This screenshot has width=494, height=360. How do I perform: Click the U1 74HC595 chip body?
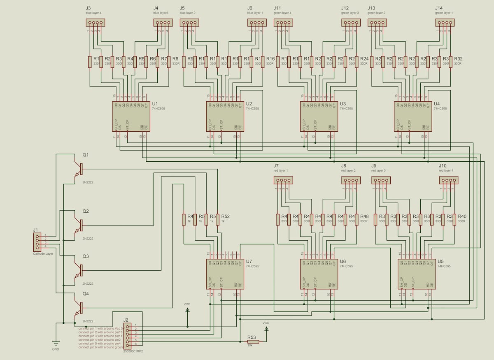131,116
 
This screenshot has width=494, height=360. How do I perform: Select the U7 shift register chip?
225,274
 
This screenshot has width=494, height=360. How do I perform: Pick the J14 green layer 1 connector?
445,23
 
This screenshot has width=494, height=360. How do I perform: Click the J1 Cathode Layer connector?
37,242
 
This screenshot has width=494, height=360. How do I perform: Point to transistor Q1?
78,169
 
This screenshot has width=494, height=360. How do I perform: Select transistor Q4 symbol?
78,307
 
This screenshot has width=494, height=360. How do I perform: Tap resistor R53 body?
253,341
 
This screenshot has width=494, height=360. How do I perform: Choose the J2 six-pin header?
128,336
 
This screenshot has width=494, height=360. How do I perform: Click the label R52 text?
225,216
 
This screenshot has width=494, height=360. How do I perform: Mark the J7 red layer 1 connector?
283,180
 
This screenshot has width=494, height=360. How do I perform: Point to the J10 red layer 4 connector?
448,180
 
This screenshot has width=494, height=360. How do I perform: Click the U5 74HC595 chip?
416,274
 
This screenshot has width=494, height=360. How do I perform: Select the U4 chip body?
412,116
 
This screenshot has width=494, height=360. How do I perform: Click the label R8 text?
175,59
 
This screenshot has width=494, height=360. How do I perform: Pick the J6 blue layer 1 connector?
257,23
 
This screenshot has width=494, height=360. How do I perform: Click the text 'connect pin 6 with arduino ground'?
101,347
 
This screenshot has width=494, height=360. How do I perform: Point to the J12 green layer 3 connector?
351,23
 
